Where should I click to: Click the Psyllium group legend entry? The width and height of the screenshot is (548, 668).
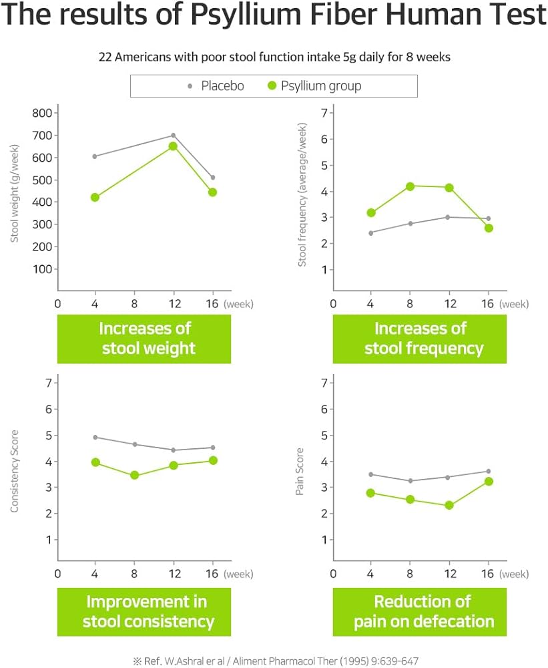point(314,86)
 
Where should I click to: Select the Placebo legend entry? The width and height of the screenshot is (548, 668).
point(217,86)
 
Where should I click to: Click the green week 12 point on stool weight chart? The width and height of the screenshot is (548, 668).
point(173,146)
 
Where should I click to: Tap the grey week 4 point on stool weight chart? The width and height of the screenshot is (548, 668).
point(95,156)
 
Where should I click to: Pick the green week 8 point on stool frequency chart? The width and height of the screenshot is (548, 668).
point(410,186)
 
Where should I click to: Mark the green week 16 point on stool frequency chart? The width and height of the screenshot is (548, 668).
point(489,228)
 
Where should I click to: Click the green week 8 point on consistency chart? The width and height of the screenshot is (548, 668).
point(134,476)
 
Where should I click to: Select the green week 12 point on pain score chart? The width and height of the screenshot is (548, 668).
point(449,505)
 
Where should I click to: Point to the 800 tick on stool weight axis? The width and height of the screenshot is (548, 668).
point(42,113)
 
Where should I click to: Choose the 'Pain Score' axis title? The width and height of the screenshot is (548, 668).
point(300,472)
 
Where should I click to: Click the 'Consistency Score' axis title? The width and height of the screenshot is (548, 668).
point(14,472)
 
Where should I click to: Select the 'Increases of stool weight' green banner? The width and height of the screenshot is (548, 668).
point(144,339)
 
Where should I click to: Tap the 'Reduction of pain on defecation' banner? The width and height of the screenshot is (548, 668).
point(423,611)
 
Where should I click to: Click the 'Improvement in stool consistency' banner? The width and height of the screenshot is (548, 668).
point(144,611)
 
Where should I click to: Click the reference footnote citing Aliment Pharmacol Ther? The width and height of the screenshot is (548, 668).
point(275,661)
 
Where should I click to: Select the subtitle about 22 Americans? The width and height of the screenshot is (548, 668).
point(274,57)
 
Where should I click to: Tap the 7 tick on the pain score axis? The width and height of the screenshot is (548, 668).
point(324,383)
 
